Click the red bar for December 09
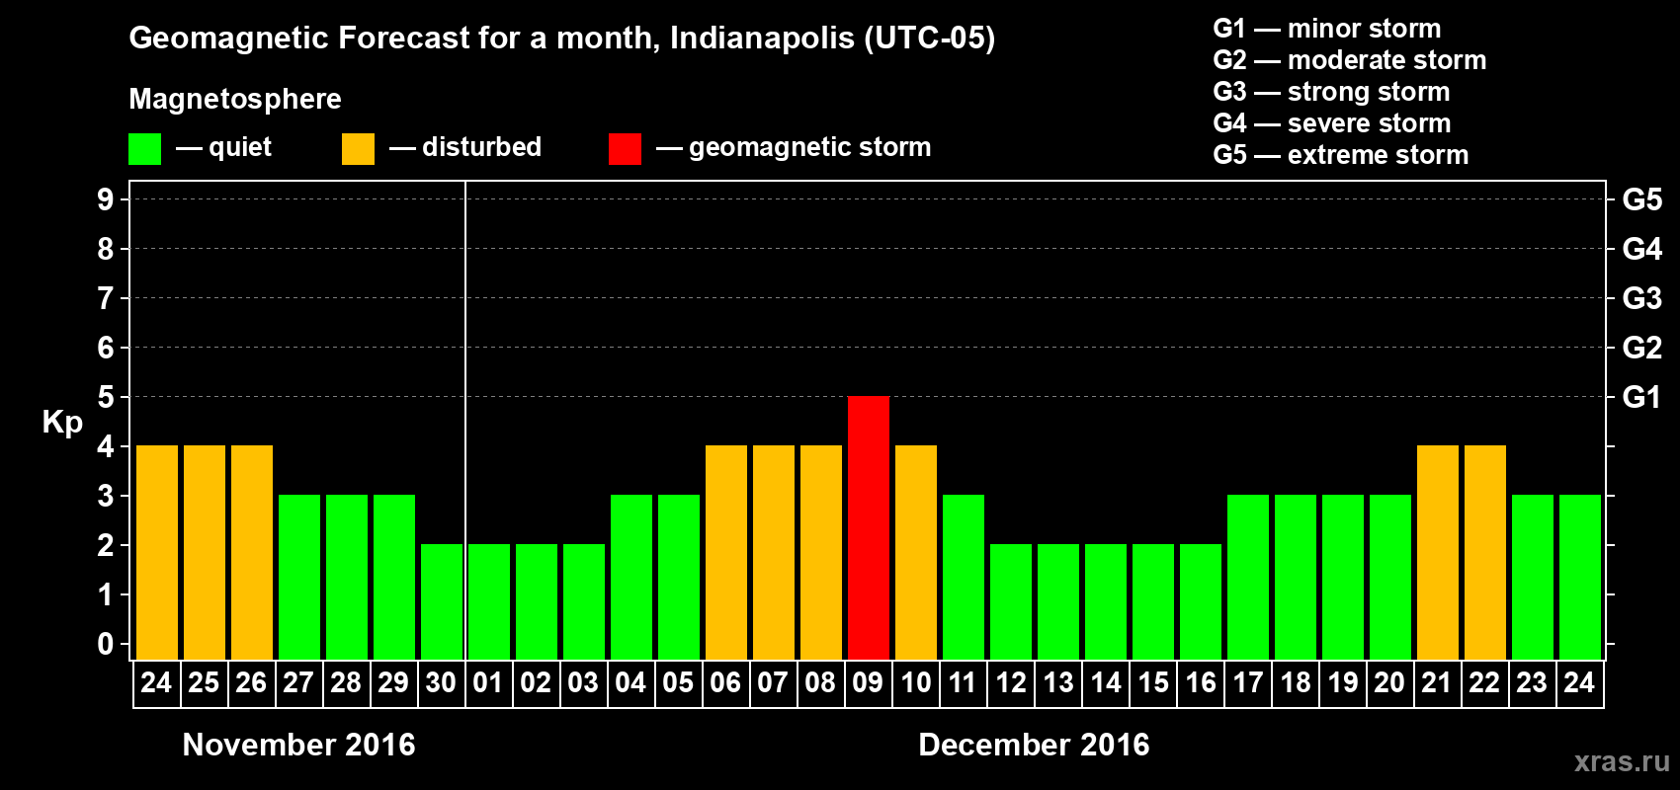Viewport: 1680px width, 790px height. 868,527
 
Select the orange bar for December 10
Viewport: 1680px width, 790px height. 915,552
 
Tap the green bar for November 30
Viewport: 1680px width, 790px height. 441,601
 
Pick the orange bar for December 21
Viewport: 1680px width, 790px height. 1437,552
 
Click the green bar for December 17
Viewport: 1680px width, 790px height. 1247,577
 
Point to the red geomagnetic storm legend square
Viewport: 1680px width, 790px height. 625,149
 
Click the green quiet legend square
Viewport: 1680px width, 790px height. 144,149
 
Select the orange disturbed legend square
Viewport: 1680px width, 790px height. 358,149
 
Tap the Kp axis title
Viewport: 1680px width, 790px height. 62,422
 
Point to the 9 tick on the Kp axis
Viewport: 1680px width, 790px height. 106,199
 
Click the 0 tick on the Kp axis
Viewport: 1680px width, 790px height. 106,644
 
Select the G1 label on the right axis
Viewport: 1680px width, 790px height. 1641,397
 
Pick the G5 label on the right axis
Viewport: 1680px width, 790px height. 1641,199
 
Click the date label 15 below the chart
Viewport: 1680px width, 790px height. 1152,682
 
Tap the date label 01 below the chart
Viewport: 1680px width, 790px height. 488,682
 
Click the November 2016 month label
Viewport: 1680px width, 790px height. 298,745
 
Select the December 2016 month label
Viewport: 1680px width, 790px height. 1034,745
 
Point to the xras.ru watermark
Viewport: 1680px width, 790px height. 1622,761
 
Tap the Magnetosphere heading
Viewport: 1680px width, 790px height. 235,99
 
